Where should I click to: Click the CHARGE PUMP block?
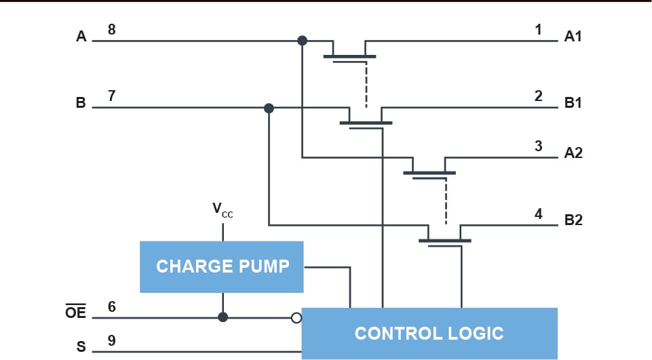click(222, 266)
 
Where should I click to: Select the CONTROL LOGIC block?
click(429, 333)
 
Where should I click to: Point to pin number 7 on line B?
click(112, 96)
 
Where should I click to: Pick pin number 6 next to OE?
click(112, 306)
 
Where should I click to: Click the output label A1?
click(573, 37)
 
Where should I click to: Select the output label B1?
click(573, 104)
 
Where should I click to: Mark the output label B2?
click(573, 221)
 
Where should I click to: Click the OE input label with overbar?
click(76, 313)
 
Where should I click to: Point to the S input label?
click(81, 347)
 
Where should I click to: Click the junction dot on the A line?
click(303, 41)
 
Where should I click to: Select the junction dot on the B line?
click(269, 108)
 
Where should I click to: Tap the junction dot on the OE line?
click(223, 317)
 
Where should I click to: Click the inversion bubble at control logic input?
click(296, 317)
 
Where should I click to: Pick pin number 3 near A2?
click(539, 145)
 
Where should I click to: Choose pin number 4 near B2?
click(539, 214)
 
